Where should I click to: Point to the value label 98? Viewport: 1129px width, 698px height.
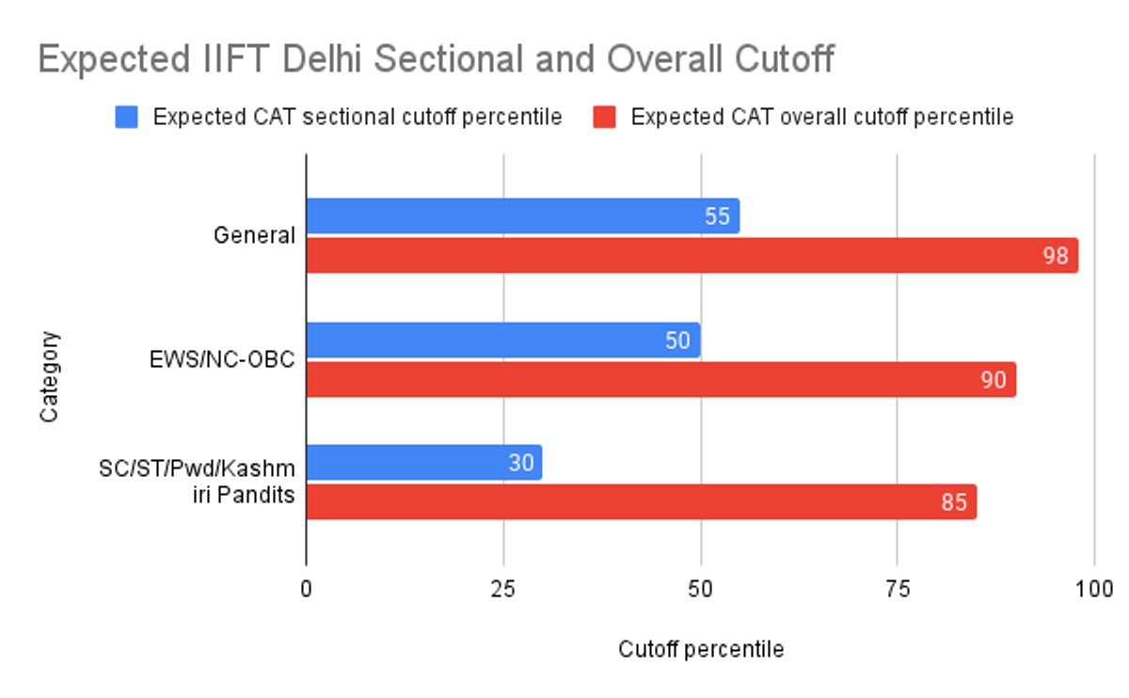(x=1056, y=256)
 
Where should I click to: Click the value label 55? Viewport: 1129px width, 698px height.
(x=718, y=216)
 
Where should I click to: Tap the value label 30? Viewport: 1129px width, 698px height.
(x=520, y=464)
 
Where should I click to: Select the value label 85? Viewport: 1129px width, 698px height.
(x=954, y=502)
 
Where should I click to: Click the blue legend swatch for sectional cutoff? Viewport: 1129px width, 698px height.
(x=126, y=117)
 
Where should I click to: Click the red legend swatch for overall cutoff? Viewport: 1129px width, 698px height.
(x=605, y=117)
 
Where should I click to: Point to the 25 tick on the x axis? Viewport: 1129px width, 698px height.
(x=503, y=590)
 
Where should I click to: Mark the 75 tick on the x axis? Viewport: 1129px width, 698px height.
(x=898, y=590)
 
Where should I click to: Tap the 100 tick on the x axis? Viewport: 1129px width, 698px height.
(x=1094, y=590)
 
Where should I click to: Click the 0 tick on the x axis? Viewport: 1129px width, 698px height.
(x=307, y=590)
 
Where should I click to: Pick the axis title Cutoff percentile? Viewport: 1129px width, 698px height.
(x=701, y=650)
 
